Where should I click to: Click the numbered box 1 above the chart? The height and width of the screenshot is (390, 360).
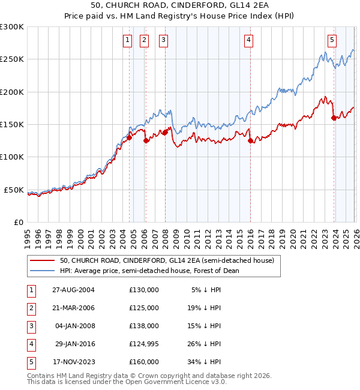point(128,40)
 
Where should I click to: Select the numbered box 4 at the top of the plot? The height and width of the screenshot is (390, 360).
point(248,40)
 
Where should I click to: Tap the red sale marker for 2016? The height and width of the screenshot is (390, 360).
point(250,141)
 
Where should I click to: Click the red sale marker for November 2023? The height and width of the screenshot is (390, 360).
point(334,118)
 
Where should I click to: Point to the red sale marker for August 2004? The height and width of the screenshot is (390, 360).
point(129,137)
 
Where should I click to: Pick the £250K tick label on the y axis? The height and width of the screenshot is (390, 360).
point(12,59)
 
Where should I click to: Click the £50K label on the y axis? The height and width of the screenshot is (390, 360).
point(14,190)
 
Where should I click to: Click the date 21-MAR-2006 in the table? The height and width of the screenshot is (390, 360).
point(73,308)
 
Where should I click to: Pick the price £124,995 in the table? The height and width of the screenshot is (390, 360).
point(144,344)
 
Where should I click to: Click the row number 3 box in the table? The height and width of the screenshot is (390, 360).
point(30,326)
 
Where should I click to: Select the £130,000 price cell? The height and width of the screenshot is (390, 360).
point(144,290)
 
